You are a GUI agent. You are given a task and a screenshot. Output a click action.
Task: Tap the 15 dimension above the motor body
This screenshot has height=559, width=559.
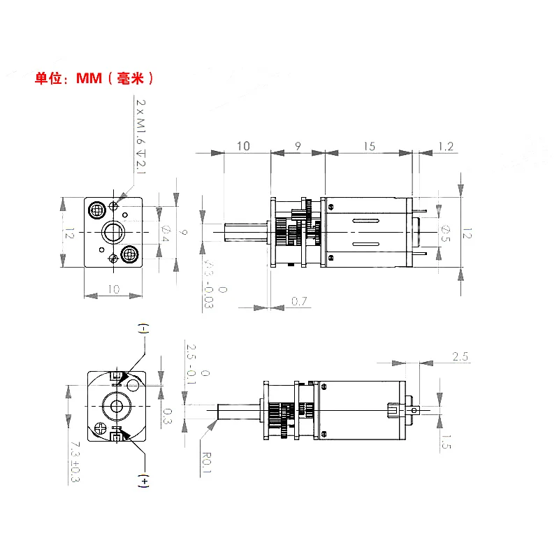(369, 146)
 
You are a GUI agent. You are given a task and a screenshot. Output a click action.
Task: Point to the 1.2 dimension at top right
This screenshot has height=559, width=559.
(445, 146)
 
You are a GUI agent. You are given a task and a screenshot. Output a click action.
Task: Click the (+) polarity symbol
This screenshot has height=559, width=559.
(145, 481)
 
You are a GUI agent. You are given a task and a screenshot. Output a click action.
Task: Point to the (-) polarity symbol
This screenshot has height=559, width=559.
(144, 328)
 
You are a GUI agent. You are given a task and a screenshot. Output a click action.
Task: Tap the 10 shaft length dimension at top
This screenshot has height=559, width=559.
(243, 146)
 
